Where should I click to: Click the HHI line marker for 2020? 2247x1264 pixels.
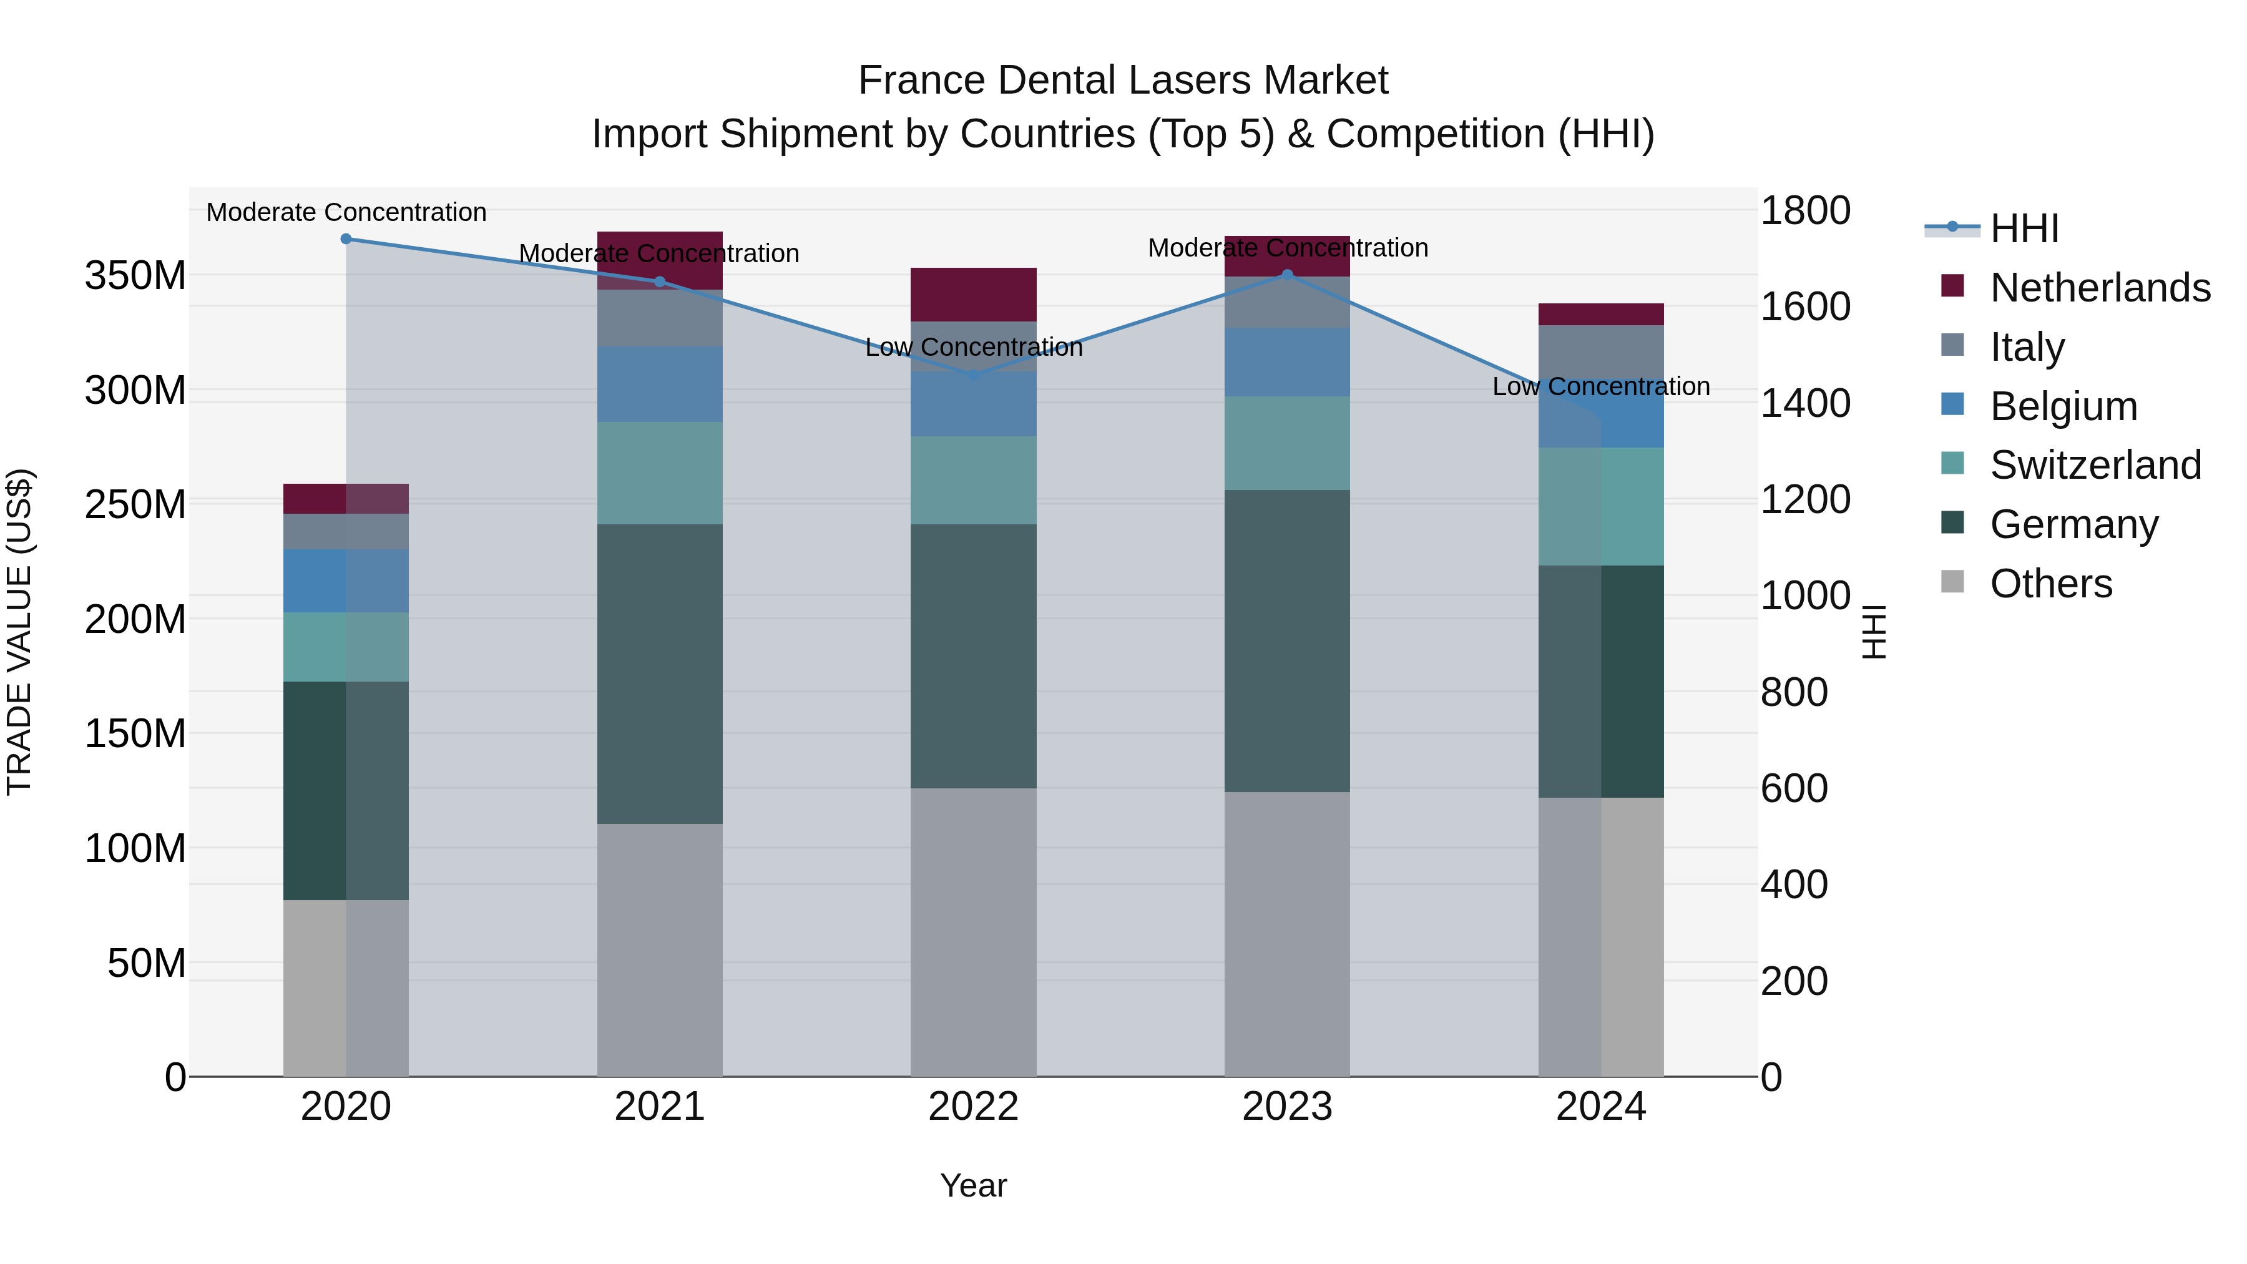click(x=346, y=239)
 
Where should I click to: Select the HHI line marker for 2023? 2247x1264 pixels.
click(x=1288, y=275)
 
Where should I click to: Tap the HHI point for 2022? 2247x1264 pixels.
click(x=974, y=375)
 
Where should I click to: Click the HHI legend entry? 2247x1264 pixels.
click(x=2024, y=228)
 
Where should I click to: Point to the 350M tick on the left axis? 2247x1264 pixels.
click(x=135, y=276)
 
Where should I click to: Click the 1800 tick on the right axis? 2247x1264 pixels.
click(x=1804, y=210)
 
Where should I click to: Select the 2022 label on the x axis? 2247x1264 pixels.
click(x=974, y=1107)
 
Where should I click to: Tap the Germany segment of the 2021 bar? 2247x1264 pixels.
click(x=660, y=674)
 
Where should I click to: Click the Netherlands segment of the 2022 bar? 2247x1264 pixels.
click(x=974, y=294)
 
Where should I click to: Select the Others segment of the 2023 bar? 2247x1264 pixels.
click(x=1288, y=933)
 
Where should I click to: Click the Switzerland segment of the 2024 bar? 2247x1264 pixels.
click(x=1602, y=507)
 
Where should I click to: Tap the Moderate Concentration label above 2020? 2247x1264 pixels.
click(x=346, y=212)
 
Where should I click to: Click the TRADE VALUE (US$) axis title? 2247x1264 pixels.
click(x=19, y=632)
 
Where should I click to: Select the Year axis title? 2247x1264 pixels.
click(x=974, y=1185)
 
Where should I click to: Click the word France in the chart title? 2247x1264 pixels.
click(x=921, y=81)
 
